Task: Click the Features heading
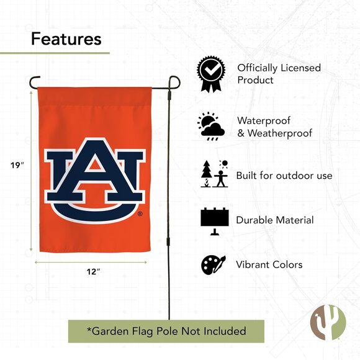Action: pyautogui.click(x=66, y=39)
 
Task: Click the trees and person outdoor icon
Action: pyautogui.click(x=213, y=174)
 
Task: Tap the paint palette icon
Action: pyautogui.click(x=213, y=265)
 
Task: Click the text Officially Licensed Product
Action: pyautogui.click(x=279, y=74)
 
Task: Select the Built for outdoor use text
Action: pyautogui.click(x=284, y=176)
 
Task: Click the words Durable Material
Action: pyautogui.click(x=275, y=220)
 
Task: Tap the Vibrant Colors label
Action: pyautogui.click(x=269, y=264)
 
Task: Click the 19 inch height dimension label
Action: pyautogui.click(x=17, y=165)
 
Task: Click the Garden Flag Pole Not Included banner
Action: pyautogui.click(x=166, y=331)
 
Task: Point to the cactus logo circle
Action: pyautogui.click(x=327, y=322)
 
